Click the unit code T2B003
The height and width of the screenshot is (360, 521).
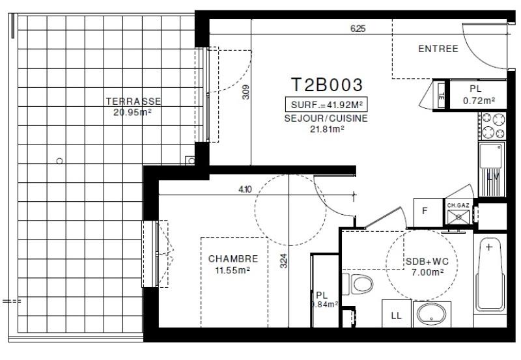326,85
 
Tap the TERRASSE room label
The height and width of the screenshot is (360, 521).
133,102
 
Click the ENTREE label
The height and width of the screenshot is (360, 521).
438,49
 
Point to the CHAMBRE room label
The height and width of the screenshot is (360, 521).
229,258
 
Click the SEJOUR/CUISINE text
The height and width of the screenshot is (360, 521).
326,118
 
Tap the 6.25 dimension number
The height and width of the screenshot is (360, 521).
358,29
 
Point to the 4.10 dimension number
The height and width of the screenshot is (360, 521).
245,189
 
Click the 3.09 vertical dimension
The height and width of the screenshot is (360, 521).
246,92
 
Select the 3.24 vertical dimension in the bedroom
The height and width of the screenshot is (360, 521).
283,261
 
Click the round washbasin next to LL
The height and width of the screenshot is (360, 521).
430,314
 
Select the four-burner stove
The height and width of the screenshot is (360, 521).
492,126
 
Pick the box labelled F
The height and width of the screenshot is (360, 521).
425,210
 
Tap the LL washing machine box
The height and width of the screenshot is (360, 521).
396,316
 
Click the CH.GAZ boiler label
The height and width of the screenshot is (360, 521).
458,205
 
